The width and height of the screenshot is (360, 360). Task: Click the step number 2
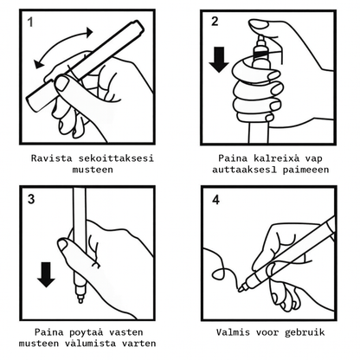214,22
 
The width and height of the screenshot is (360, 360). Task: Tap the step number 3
32,200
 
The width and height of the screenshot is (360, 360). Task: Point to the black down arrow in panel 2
219,57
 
